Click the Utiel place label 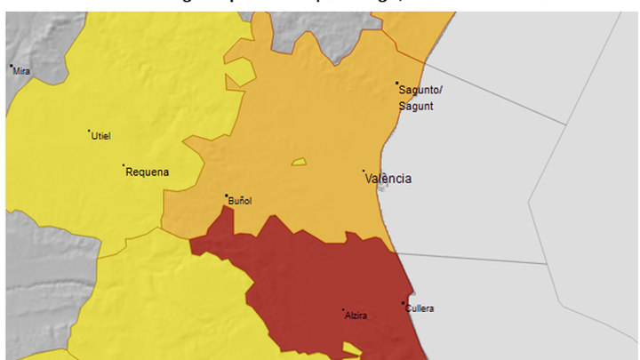pos(101,136)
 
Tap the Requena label pos(148,172)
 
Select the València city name pos(388,179)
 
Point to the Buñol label pos(241,201)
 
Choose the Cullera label pos(420,308)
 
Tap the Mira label pos(22,71)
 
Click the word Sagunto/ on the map pos(420,91)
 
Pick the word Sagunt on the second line pos(416,106)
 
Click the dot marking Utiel pos(89,132)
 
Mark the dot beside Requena pos(124,165)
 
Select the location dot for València pos(363,172)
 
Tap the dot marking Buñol pos(227,196)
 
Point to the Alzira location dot pos(343,310)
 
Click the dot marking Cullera pos(403,303)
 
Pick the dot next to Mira pos(11,66)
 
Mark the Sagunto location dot pos(397,84)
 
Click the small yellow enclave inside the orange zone pos(298,163)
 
